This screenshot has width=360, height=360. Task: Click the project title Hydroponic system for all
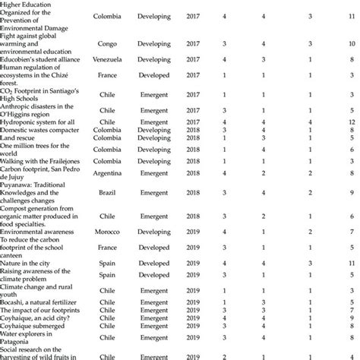click(x=39, y=122)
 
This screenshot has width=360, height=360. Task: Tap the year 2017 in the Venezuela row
click(x=194, y=58)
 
